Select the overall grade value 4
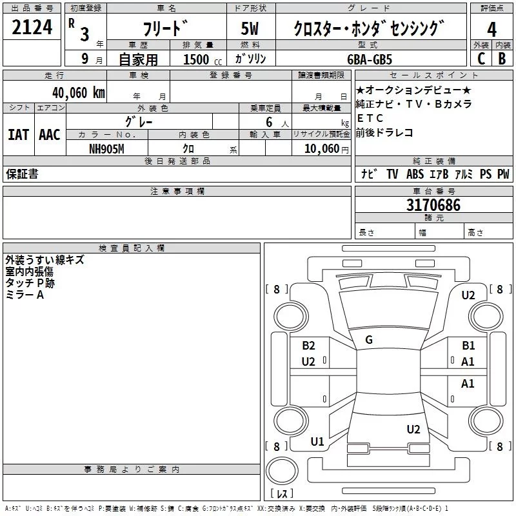click(x=491, y=29)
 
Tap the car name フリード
click(x=164, y=29)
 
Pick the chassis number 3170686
click(x=433, y=206)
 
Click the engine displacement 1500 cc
click(x=199, y=59)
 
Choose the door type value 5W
click(x=250, y=29)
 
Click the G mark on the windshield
click(x=369, y=340)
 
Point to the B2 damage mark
click(x=308, y=346)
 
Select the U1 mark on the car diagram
click(x=317, y=442)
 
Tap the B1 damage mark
click(x=468, y=346)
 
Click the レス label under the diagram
click(x=281, y=494)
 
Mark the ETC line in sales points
click(x=370, y=118)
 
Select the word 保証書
click(x=22, y=174)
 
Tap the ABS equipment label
click(x=415, y=174)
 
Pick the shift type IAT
click(x=18, y=135)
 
